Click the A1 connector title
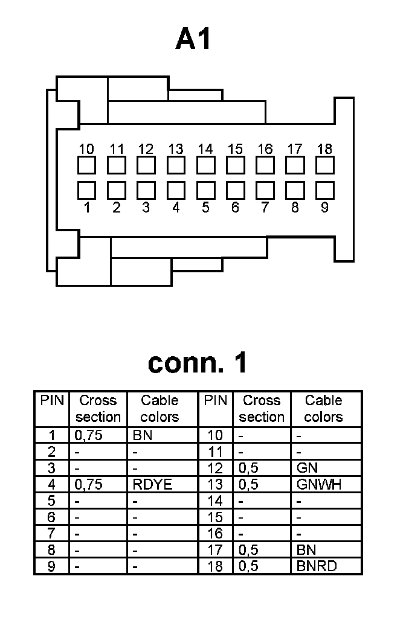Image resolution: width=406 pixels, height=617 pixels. point(195,40)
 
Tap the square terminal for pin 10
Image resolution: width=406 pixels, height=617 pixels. point(87,165)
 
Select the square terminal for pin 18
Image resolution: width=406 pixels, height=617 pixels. point(324,165)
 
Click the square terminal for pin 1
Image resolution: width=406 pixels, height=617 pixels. point(87,190)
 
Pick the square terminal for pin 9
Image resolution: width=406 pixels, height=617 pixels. point(324,190)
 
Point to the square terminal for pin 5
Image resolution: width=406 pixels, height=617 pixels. point(205,190)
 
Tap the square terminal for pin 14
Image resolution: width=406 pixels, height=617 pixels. point(205,165)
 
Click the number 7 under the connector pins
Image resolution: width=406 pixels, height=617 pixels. point(265,208)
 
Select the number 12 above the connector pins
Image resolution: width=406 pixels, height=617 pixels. point(146,149)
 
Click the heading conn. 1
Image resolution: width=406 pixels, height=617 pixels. point(198,363)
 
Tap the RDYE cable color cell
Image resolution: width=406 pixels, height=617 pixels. point(152,484)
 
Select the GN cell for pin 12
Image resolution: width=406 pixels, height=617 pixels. point(308,468)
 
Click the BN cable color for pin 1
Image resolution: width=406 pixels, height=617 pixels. point(142,435)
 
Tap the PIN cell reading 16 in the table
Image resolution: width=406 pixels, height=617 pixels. point(215,534)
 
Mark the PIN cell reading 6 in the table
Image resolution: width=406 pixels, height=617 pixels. point(51,517)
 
